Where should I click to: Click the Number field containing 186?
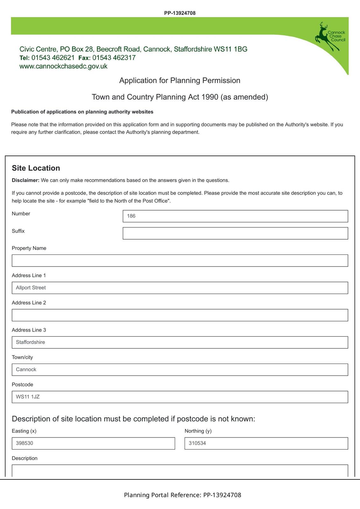tap(235, 216)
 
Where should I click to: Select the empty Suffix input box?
tap(235, 233)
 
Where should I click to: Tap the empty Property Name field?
tap(180, 261)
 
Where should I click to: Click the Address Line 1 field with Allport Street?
tap(180, 288)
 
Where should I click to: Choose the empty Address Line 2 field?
tap(180, 315)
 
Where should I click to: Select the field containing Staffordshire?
tap(180, 342)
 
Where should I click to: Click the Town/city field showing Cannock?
tap(180, 370)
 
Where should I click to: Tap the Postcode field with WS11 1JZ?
tap(180, 397)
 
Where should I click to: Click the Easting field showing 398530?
tap(93, 443)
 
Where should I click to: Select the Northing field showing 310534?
tap(266, 443)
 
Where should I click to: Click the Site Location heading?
tap(36, 168)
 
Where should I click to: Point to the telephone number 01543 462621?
tap(53, 58)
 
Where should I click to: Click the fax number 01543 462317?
tap(114, 58)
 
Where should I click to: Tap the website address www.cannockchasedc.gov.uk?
tap(63, 66)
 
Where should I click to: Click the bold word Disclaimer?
tap(25, 180)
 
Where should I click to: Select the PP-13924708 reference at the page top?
tap(180, 13)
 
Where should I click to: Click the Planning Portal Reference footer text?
tap(182, 495)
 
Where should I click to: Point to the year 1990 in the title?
tap(210, 97)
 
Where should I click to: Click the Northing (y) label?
tap(198, 431)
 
